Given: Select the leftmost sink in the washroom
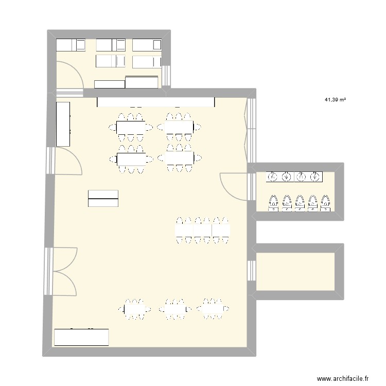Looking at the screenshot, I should [273, 178].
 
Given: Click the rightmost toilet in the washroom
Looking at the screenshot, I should [325, 203].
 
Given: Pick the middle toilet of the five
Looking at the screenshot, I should [300, 203].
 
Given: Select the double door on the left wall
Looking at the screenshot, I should [63, 271].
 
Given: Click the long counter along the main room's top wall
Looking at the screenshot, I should [156, 102].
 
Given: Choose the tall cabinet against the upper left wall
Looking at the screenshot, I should [63, 124].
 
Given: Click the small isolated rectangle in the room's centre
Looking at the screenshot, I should [103, 198].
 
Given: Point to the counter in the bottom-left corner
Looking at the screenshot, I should [81, 337].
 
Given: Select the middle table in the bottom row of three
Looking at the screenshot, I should [175, 309].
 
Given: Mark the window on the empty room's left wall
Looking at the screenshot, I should [252, 271].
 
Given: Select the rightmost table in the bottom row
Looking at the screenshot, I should [212, 308].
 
